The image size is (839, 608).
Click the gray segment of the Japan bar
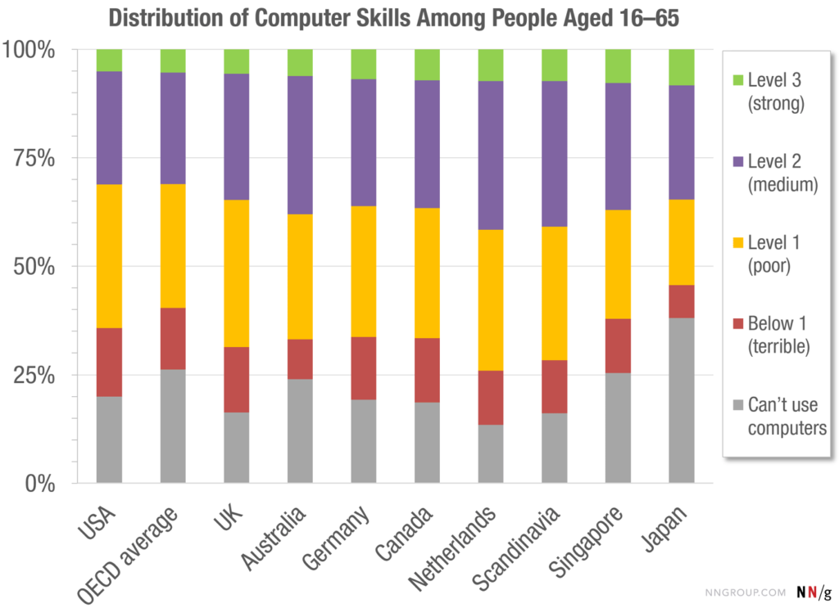682,400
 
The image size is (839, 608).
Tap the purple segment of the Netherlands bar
491,155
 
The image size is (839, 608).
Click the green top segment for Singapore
618,65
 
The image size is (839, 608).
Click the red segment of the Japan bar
682,301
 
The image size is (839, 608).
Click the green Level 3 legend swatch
735,80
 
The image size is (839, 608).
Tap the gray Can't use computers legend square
735,405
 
